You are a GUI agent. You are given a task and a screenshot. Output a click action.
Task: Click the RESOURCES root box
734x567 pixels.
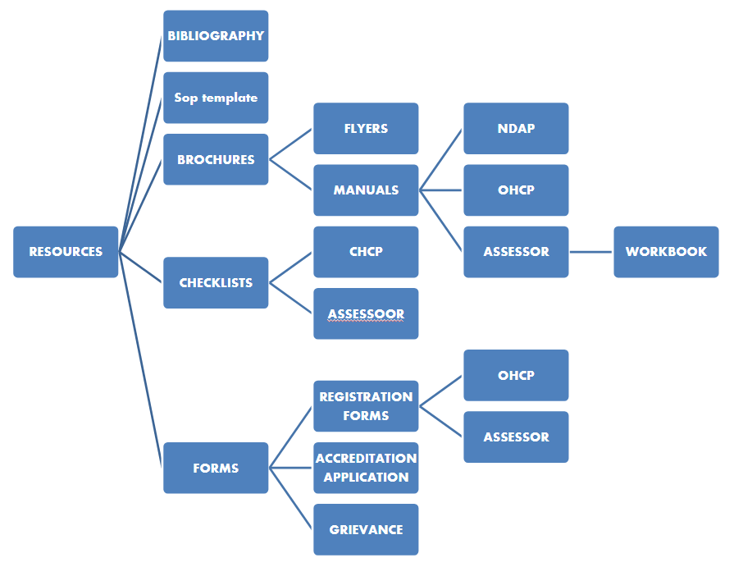click(66, 252)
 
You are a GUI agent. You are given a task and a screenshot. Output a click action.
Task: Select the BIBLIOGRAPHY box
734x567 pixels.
click(216, 36)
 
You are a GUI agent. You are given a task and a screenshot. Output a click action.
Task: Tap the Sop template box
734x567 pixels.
click(216, 98)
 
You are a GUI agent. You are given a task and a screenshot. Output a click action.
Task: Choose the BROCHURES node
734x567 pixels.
click(216, 159)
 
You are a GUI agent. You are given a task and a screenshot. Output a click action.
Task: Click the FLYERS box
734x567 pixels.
click(366, 129)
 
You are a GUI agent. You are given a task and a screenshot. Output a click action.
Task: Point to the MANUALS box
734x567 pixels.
click(366, 190)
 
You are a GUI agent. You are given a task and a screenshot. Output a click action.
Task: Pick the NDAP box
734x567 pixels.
click(516, 129)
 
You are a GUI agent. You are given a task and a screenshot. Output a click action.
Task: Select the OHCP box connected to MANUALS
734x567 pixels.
click(516, 190)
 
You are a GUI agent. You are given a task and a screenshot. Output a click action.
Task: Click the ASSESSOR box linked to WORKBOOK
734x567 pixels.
click(516, 252)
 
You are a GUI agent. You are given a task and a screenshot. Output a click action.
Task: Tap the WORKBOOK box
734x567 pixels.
click(666, 252)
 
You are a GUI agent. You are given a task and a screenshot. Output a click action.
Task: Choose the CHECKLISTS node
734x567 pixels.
click(216, 283)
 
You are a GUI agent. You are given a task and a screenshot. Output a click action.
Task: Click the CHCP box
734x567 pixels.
click(366, 252)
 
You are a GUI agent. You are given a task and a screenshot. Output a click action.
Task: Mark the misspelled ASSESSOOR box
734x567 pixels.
click(366, 313)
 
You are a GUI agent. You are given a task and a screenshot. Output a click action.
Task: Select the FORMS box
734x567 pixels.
click(216, 468)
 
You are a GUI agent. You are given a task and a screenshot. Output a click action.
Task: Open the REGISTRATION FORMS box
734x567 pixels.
click(366, 406)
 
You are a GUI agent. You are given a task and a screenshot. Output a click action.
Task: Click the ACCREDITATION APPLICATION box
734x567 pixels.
click(366, 468)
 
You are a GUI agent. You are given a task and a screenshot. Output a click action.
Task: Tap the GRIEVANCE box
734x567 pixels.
click(366, 529)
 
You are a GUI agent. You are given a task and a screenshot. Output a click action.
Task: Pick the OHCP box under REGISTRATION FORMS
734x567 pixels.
click(516, 376)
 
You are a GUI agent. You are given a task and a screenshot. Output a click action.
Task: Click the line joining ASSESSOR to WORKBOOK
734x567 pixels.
click(591, 252)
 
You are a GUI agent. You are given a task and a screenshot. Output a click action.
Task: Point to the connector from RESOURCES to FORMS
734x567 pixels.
click(141, 359)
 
